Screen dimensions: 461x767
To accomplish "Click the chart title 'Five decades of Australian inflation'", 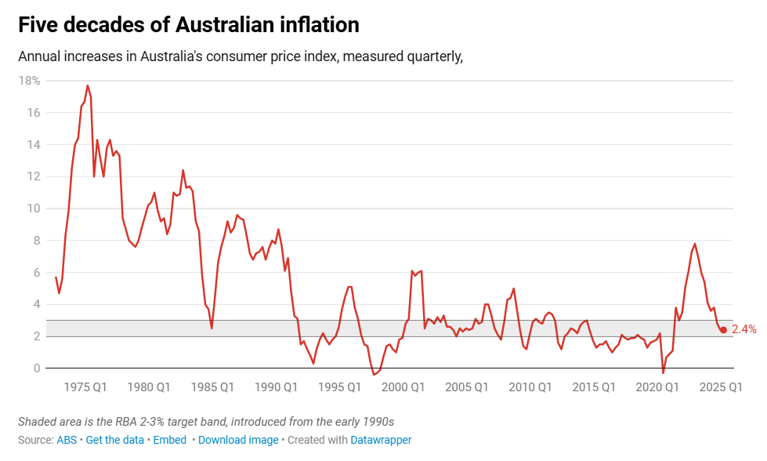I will click(188, 25).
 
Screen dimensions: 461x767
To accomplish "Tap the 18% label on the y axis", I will click(30, 81).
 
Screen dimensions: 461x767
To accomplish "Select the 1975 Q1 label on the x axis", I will click(85, 387).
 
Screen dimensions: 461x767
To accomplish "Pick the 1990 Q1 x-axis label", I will click(276, 387).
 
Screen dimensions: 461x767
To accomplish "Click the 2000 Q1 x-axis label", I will click(403, 387).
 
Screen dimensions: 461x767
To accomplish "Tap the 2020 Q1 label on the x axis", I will click(657, 387).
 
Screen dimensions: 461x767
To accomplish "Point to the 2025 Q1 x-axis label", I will click(720, 387).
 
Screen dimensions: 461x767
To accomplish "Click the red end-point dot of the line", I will click(723, 330).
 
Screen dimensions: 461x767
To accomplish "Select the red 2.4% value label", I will click(743, 330).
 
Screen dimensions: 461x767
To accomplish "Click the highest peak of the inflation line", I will click(87, 85).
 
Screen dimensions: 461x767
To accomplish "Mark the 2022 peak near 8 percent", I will click(694, 244).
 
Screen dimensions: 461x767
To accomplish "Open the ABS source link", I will click(67, 440).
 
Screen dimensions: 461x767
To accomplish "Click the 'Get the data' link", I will click(114, 440).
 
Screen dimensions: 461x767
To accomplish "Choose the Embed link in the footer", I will click(169, 440).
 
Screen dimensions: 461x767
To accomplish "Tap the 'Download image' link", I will click(238, 440).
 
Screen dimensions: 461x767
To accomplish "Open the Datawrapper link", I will click(381, 440).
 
